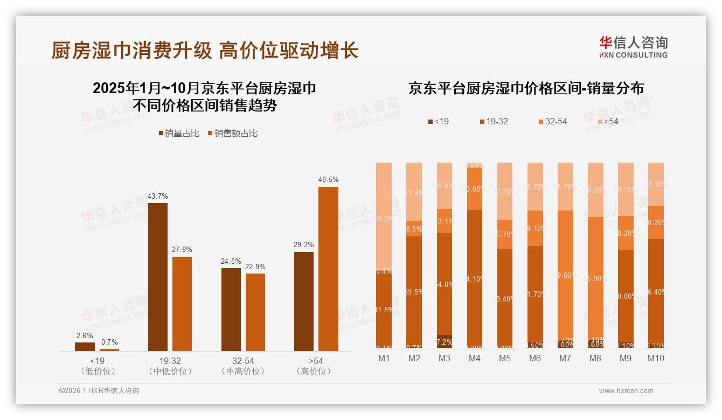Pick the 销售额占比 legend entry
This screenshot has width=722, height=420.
tap(232, 134)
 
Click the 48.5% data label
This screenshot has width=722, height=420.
tap(328, 179)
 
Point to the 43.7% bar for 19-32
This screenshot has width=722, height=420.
tap(157, 277)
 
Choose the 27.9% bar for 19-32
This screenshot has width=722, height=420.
tap(182, 304)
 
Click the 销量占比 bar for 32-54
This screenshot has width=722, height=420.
tap(231, 310)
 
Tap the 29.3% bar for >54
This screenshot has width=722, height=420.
tap(304, 302)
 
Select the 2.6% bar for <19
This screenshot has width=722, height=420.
tap(85, 347)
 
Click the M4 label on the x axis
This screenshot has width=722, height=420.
tap(475, 359)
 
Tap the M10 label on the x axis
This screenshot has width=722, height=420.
tap(655, 359)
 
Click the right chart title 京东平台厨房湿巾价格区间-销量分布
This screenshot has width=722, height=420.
tap(526, 88)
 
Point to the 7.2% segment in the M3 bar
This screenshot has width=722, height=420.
tap(445, 341)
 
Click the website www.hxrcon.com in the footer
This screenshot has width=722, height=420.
tap(626, 391)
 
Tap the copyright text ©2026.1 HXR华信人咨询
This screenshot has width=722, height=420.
tap(99, 391)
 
